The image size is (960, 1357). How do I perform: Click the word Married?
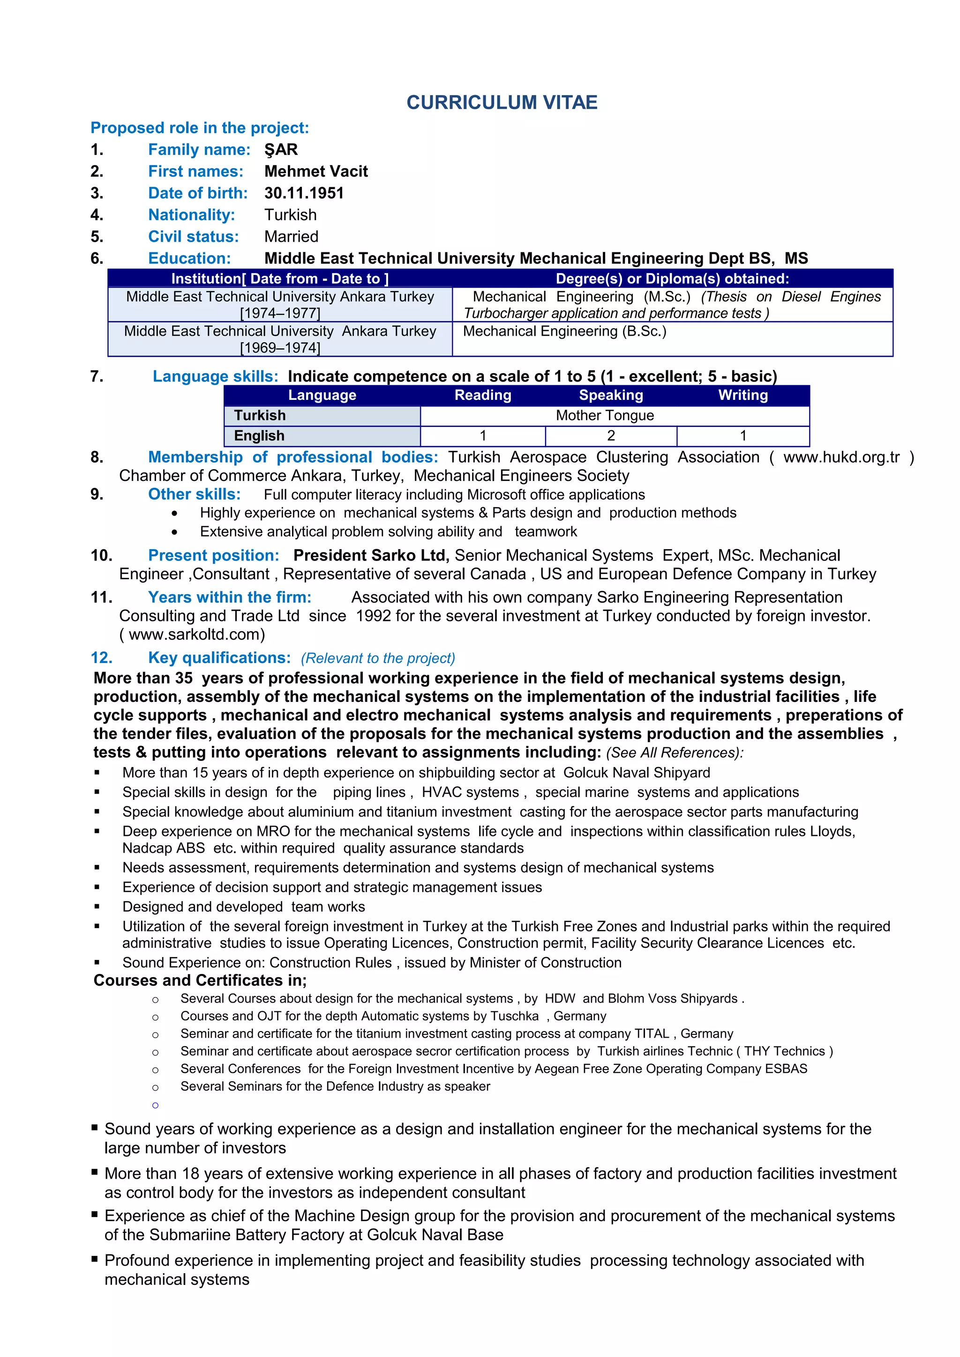pos(291,236)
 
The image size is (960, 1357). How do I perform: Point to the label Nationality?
pos(191,215)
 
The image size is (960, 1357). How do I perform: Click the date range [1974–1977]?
pos(280,313)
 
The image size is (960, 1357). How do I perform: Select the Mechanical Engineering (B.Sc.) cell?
pos(564,332)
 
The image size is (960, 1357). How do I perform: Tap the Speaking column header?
pos(610,395)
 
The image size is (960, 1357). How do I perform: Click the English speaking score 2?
pos(610,436)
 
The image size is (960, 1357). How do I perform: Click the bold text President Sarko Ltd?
pos(371,555)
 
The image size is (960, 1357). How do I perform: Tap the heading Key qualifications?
pos(219,658)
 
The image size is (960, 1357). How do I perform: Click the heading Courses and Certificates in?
pos(200,981)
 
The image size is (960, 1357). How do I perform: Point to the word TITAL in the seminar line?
pos(651,1034)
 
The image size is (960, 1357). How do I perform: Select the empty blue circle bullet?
pos(155,1105)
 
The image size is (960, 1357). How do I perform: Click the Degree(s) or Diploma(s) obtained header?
pos(672,279)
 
